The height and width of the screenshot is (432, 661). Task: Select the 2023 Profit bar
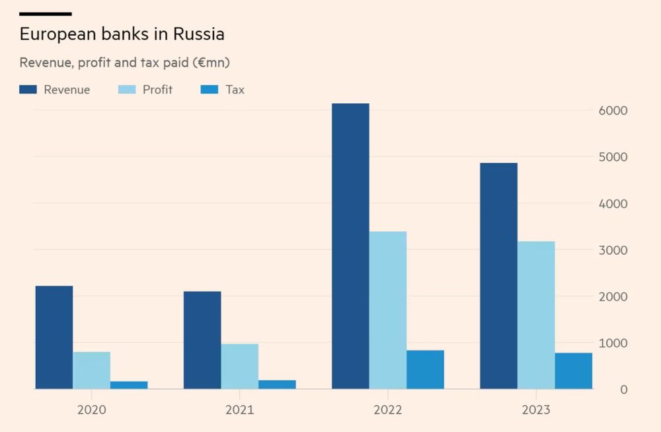tap(536, 315)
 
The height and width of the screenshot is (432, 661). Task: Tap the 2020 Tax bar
tap(129, 385)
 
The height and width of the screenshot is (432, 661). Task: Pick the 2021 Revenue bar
tap(202, 340)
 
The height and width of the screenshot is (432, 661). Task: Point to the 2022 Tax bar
tap(425, 369)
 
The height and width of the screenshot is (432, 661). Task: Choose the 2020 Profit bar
tap(91, 370)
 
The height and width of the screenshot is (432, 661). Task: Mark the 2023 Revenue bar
tap(498, 276)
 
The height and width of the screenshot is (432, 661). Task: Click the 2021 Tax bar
tap(277, 384)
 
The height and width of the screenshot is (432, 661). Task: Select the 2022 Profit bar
tap(388, 310)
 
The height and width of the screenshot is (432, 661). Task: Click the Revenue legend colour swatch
tap(28, 89)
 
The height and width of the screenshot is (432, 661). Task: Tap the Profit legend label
tap(157, 89)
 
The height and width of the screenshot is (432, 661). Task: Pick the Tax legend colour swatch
tap(209, 89)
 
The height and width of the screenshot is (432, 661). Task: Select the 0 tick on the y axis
tap(623, 390)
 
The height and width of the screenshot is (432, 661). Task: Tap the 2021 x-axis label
tap(239, 410)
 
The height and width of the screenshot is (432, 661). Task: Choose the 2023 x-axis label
tap(535, 410)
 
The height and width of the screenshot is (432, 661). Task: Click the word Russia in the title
tap(200, 34)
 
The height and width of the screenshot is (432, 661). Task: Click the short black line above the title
tap(45, 14)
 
